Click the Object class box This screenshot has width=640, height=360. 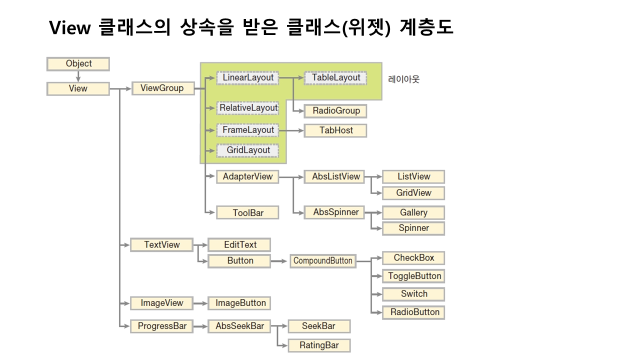(x=78, y=64)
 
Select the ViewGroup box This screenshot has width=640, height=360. (x=162, y=88)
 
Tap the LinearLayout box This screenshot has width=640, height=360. (x=248, y=78)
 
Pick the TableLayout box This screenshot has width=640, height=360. (x=335, y=78)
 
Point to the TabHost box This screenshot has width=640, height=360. (x=335, y=130)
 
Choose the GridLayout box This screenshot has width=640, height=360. (x=248, y=150)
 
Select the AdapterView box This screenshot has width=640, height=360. (x=247, y=177)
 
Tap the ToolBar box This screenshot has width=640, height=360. (x=247, y=213)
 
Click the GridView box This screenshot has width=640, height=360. (x=413, y=193)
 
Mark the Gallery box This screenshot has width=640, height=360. (x=413, y=212)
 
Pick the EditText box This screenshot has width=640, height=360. (x=239, y=245)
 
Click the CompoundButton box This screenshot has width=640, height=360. (x=323, y=261)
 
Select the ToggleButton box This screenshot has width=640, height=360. (x=414, y=276)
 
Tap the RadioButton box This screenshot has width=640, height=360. (x=414, y=312)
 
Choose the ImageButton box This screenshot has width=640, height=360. (x=240, y=303)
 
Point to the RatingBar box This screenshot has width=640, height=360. (x=319, y=345)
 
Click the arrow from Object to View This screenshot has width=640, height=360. (x=78, y=76)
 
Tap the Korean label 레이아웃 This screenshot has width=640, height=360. (x=403, y=79)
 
